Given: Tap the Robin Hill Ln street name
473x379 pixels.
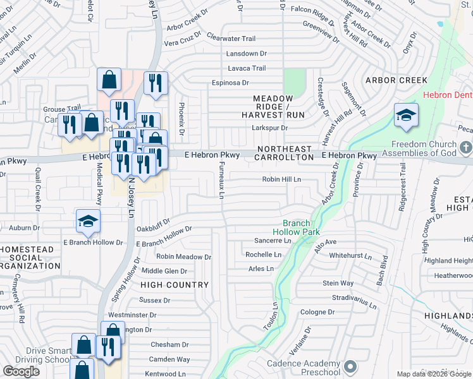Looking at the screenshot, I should [282, 180].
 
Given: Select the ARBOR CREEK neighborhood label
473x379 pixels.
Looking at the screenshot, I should [396, 81].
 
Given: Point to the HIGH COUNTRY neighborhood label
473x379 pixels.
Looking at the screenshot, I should [175, 285].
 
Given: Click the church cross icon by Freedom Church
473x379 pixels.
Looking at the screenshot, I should [465, 148].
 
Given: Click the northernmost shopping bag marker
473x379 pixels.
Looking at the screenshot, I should [109, 80].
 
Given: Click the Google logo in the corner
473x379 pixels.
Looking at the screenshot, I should [21, 371].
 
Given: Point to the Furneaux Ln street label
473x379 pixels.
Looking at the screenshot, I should [221, 180].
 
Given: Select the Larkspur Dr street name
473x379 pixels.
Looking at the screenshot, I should [270, 128].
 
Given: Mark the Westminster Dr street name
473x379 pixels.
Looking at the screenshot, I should [132, 315].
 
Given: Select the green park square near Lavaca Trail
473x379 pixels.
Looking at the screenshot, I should [294, 81].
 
